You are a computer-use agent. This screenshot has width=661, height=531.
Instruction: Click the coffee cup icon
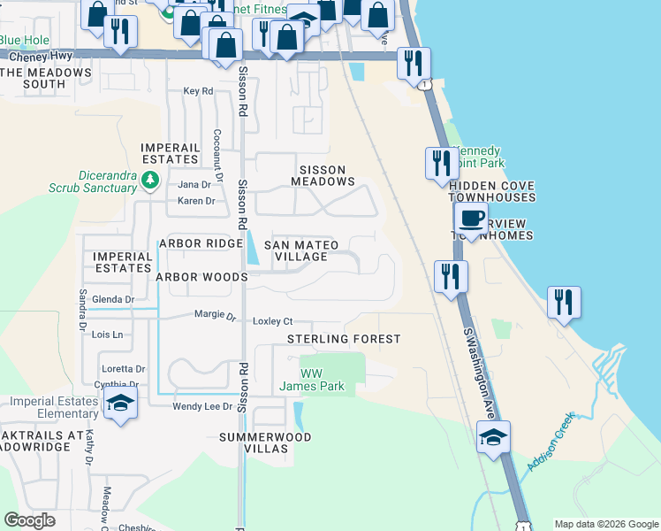click(x=471, y=218)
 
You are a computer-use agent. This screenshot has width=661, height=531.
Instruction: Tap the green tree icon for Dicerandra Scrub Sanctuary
click(x=150, y=181)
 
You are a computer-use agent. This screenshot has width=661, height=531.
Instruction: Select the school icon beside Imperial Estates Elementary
click(x=120, y=404)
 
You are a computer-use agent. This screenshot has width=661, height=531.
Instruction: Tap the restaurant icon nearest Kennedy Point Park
click(x=441, y=163)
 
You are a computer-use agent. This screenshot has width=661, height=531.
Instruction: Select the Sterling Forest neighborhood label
click(x=344, y=339)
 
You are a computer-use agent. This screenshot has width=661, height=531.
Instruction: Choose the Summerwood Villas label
click(x=265, y=442)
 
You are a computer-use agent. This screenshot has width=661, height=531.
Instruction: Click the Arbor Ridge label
click(x=200, y=243)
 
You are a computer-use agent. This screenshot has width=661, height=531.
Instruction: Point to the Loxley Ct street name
click(x=273, y=321)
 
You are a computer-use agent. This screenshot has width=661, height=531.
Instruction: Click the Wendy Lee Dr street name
click(x=201, y=406)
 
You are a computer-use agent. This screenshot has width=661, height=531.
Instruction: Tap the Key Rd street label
click(x=198, y=91)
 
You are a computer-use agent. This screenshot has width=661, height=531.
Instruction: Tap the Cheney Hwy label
click(x=35, y=55)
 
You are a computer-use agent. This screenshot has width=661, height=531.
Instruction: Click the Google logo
click(x=30, y=520)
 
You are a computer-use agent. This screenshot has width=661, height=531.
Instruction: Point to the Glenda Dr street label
click(x=112, y=300)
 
